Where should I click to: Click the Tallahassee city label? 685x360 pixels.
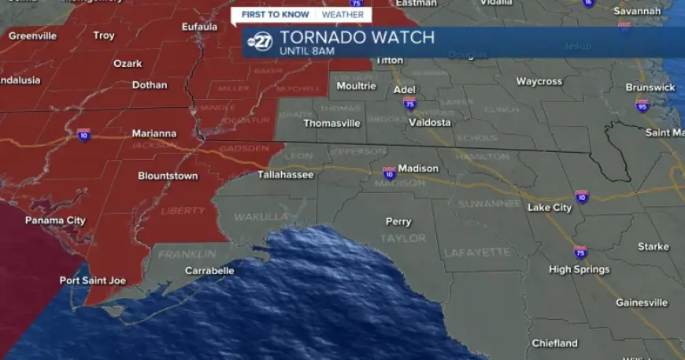click(286, 175)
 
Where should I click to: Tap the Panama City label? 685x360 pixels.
click(55, 221)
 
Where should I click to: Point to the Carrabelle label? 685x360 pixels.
click(209, 271)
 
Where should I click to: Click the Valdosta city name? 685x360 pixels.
click(430, 122)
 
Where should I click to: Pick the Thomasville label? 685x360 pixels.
click(331, 123)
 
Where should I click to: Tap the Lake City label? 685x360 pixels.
click(550, 208)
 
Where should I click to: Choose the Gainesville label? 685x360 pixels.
click(642, 302)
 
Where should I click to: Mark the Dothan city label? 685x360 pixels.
click(150, 85)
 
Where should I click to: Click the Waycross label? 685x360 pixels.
click(539, 82)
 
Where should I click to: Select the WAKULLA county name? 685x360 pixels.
click(261, 216)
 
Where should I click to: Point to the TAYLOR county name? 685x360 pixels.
click(403, 238)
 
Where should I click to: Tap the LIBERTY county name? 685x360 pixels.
click(183, 211)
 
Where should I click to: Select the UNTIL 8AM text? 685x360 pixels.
click(307, 52)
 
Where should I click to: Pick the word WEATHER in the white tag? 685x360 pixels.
click(343, 14)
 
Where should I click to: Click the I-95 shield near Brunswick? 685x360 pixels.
click(642, 106)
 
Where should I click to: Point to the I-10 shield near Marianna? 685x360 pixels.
click(83, 135)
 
